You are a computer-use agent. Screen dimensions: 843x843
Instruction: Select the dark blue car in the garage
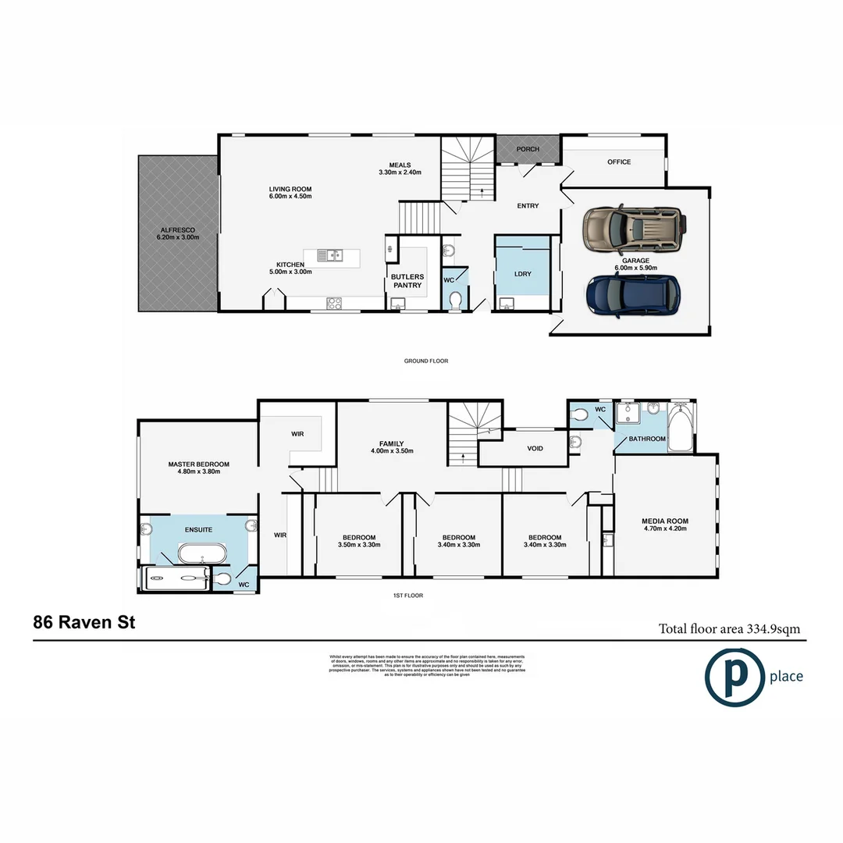click(633, 297)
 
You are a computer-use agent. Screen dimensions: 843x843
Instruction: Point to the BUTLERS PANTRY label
click(407, 281)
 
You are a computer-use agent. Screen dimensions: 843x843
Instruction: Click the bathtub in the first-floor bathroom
click(682, 429)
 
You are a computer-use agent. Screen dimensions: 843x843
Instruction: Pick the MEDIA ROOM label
click(664, 521)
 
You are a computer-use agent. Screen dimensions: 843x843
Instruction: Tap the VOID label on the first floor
click(535, 449)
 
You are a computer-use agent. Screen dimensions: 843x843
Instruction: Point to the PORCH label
click(528, 148)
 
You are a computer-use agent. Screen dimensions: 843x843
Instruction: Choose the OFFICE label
click(619, 162)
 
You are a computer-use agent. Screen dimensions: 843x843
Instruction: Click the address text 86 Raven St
click(84, 623)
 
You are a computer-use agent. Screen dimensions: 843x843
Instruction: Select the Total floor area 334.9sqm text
click(729, 628)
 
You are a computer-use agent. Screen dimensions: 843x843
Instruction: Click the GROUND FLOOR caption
click(426, 361)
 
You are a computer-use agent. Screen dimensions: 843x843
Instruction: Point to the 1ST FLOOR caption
click(408, 596)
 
